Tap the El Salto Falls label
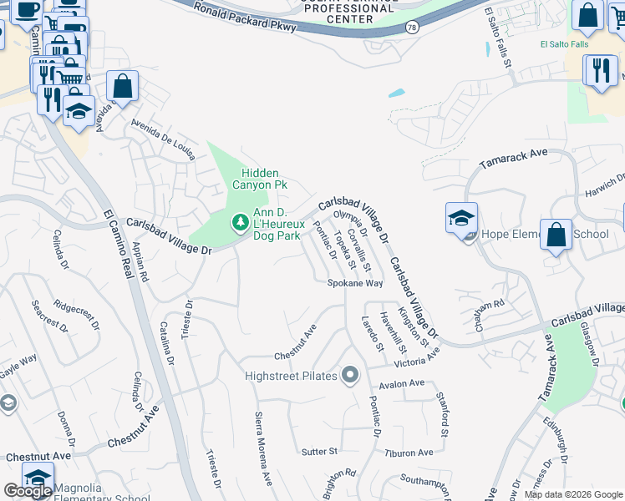(x=564, y=44)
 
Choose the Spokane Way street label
(x=354, y=284)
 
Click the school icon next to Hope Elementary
(x=461, y=219)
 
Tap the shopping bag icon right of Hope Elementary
(x=556, y=235)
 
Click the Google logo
(x=28, y=491)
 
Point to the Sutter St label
(x=319, y=451)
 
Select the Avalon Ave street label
(x=402, y=384)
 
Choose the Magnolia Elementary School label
(x=99, y=493)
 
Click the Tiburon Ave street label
(x=409, y=453)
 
